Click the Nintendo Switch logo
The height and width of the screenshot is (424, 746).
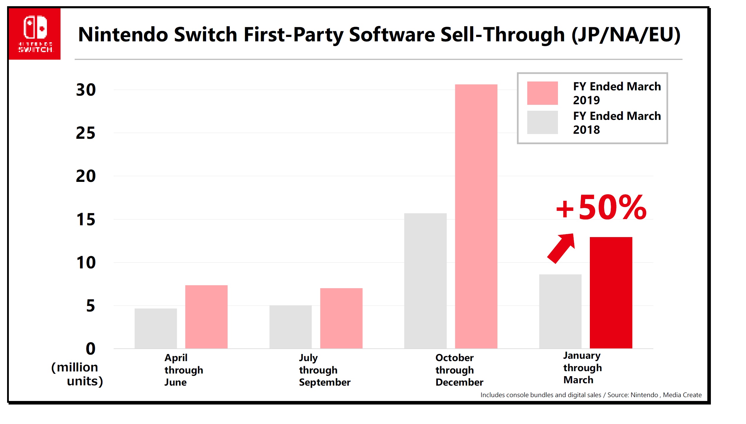35,34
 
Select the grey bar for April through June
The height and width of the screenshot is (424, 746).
156,328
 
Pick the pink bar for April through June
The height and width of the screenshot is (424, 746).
206,317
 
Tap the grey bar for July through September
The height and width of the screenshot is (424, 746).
290,327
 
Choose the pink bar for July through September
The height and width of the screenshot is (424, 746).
341,318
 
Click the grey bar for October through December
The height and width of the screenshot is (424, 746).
425,281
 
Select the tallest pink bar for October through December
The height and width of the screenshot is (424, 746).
476,216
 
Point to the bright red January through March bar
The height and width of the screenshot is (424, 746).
611,292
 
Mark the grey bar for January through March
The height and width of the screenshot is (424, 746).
560,311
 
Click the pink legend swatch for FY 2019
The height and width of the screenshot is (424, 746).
542,93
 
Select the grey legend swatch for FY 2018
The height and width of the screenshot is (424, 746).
542,122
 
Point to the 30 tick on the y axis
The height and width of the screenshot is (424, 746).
86,90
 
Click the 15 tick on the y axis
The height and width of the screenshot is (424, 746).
86,220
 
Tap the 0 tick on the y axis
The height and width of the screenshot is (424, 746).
90,349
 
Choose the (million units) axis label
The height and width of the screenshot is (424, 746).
77,374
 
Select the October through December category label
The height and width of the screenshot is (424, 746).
459,370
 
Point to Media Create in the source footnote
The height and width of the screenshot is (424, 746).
682,395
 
